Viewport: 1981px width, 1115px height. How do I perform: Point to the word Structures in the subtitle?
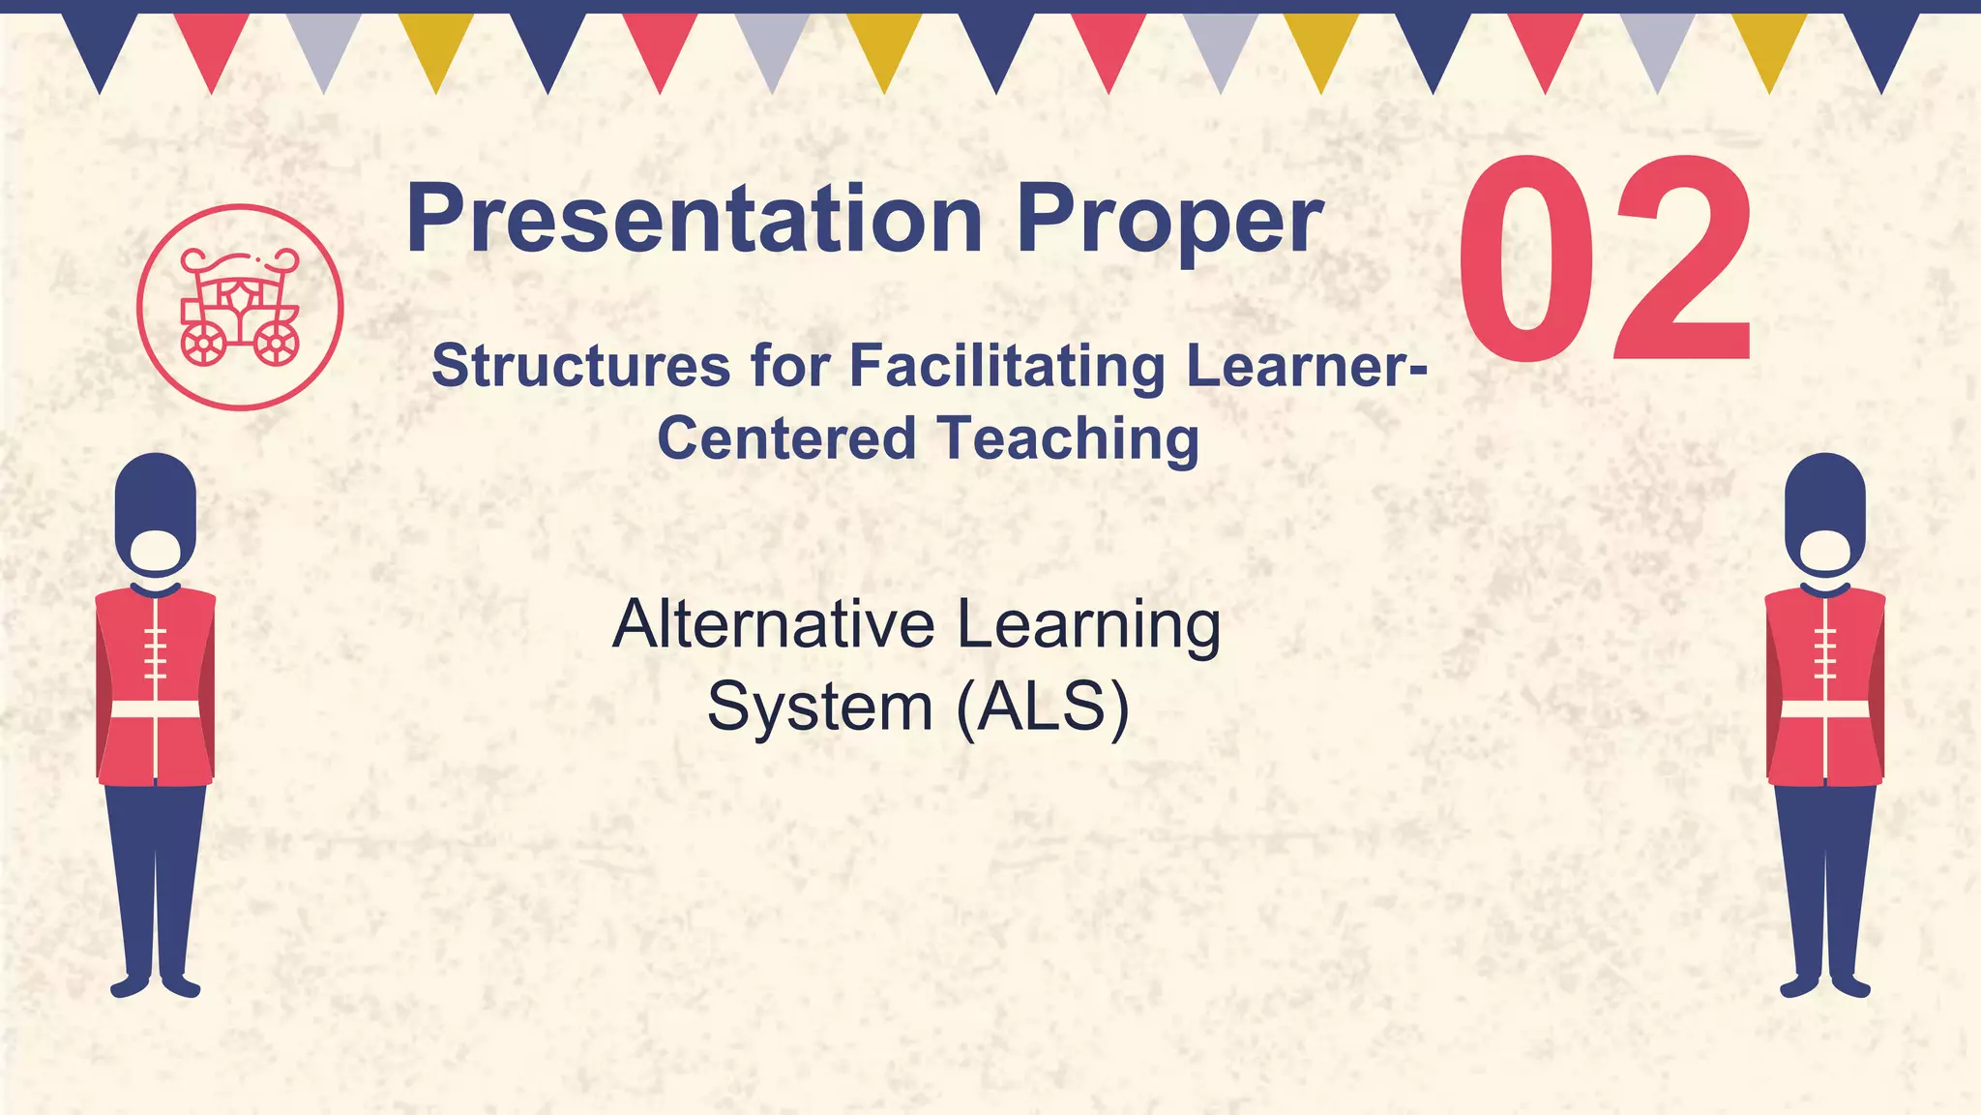pos(580,367)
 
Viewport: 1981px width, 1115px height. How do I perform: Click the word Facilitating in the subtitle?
pos(1007,367)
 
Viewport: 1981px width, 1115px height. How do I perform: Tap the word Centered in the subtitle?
pos(786,438)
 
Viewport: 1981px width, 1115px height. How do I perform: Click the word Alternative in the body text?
pos(773,624)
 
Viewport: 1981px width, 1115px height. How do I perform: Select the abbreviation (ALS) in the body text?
pos(1043,707)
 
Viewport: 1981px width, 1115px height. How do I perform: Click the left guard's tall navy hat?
pos(155,498)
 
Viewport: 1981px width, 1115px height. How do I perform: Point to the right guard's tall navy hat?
pos(1824,498)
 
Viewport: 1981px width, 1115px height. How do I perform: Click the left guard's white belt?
pos(155,709)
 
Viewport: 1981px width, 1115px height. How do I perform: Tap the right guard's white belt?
pos(1824,709)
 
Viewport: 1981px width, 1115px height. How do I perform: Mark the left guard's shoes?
pos(155,986)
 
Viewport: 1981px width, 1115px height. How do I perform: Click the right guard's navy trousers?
pos(1824,871)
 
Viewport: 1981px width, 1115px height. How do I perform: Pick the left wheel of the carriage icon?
pos(203,344)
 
